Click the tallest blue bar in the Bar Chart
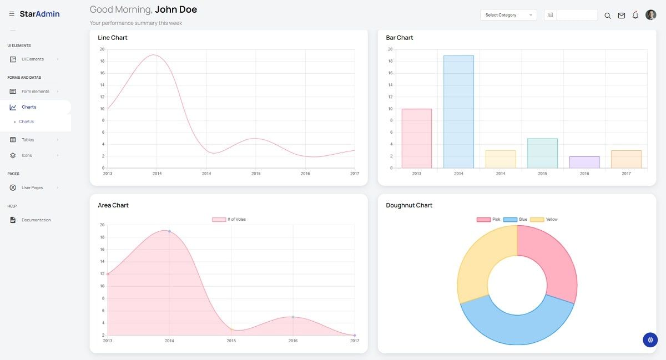458,111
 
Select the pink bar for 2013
416,138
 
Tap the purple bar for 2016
584,162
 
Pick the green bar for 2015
542,153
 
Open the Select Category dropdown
508,15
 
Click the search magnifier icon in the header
607,16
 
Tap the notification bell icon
635,15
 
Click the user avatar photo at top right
650,15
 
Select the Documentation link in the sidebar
36,220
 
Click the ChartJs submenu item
27,121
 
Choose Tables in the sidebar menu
28,140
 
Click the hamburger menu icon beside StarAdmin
12,14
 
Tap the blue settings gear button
650,339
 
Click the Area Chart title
113,205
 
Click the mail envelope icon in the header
622,16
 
